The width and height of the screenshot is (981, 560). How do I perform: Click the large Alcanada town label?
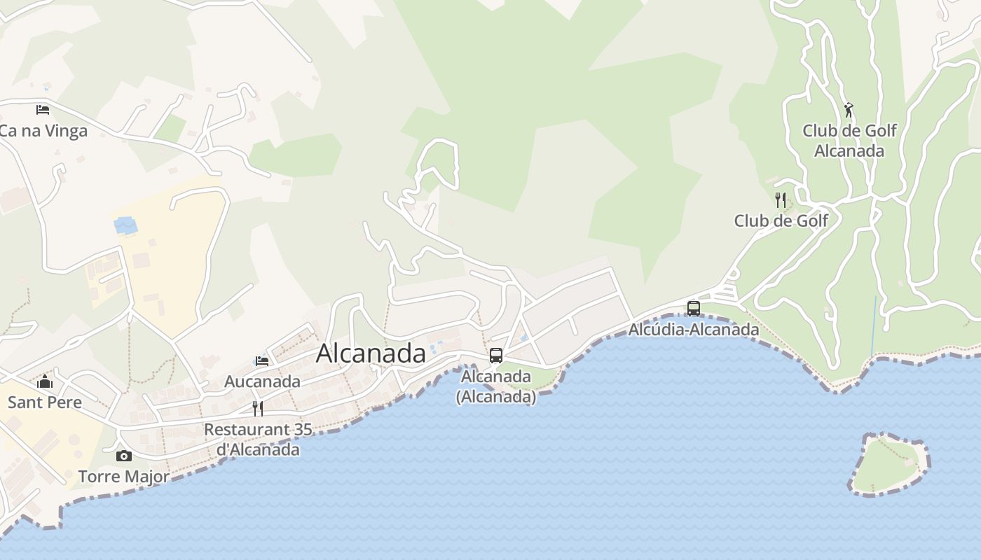371,353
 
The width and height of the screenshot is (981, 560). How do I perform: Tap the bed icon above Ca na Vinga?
43,110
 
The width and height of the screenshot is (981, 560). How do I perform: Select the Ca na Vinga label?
43,131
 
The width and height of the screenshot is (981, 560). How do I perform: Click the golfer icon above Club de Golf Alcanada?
849,110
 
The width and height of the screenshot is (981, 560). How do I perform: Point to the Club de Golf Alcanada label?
849,141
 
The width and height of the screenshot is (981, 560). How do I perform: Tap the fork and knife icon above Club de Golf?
781,200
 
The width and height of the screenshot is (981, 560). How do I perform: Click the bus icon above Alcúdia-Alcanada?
694,308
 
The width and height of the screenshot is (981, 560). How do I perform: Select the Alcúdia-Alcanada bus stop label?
694,329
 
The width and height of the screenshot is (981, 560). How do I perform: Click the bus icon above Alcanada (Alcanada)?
496,356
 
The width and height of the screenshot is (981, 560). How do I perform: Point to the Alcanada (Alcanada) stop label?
496,386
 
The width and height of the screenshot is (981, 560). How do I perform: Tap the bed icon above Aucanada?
262,361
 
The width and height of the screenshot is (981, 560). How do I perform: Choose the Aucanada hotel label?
262,381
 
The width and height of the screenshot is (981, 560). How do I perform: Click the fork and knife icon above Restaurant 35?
258,408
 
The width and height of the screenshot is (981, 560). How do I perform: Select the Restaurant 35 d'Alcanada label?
258,439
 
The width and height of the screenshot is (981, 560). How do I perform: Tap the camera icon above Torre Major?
124,456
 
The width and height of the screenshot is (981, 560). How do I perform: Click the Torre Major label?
124,477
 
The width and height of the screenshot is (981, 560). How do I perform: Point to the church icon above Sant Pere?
45,381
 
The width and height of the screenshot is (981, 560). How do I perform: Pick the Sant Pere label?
45,402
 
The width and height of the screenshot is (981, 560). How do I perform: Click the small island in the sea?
889,465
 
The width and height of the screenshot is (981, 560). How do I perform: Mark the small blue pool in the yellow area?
126,225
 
